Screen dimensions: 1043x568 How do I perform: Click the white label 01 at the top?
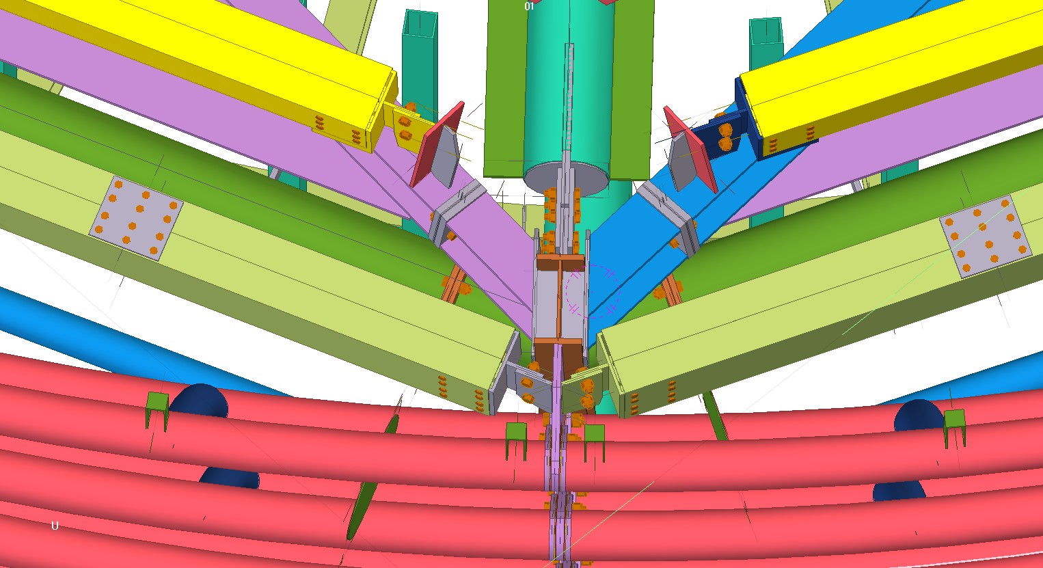pos(529,6)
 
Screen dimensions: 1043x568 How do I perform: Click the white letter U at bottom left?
pos(55,526)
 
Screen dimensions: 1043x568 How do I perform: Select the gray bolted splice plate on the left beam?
pos(136,218)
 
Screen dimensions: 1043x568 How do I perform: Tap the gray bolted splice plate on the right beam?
pos(986,236)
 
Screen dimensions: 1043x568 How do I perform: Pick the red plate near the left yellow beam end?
pos(437,144)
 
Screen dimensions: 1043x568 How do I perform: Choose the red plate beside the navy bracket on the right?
pos(690,148)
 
